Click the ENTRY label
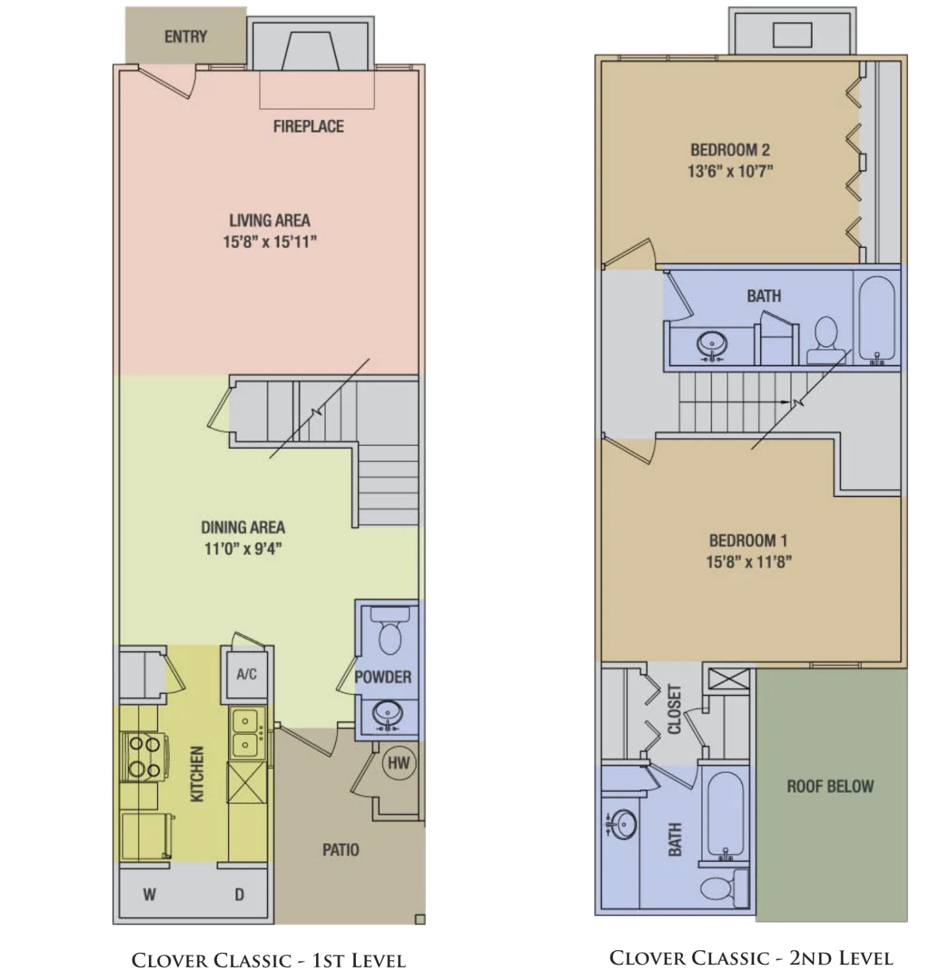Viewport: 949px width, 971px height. point(185,36)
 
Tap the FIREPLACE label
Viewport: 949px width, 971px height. point(308,127)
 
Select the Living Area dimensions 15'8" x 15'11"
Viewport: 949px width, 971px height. point(270,242)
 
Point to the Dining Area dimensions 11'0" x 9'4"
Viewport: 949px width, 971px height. point(243,549)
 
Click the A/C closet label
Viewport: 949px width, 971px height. point(247,674)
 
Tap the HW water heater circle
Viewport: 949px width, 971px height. point(399,763)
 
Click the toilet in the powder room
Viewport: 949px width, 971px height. point(390,631)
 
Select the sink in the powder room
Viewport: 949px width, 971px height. point(388,713)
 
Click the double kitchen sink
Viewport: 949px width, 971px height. point(246,732)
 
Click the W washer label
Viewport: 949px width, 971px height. point(150,895)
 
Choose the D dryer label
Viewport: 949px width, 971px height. point(239,895)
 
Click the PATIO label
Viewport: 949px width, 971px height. point(340,850)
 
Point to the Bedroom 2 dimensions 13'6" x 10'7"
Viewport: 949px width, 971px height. point(730,171)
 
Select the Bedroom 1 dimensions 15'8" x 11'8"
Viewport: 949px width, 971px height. point(748,562)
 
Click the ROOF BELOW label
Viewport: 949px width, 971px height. point(830,786)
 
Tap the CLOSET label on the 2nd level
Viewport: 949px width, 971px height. point(674,709)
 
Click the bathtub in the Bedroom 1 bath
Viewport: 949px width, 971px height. point(725,815)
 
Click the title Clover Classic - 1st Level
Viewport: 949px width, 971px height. point(268,960)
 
